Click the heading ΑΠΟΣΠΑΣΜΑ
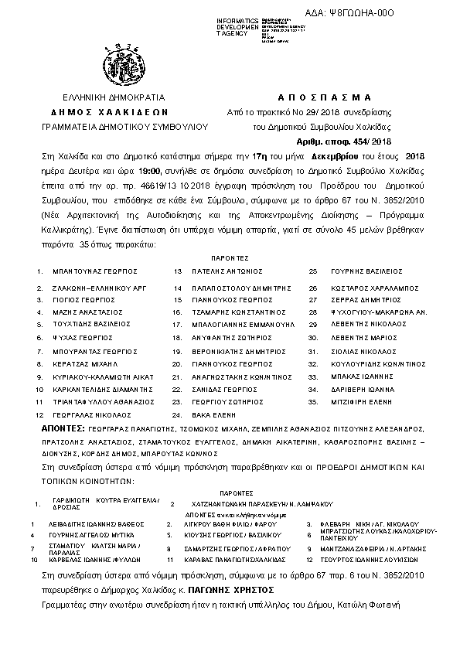[x=324, y=97]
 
